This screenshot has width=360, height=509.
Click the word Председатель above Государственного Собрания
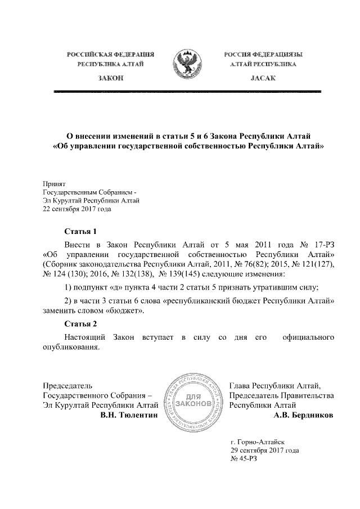[67, 385]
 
